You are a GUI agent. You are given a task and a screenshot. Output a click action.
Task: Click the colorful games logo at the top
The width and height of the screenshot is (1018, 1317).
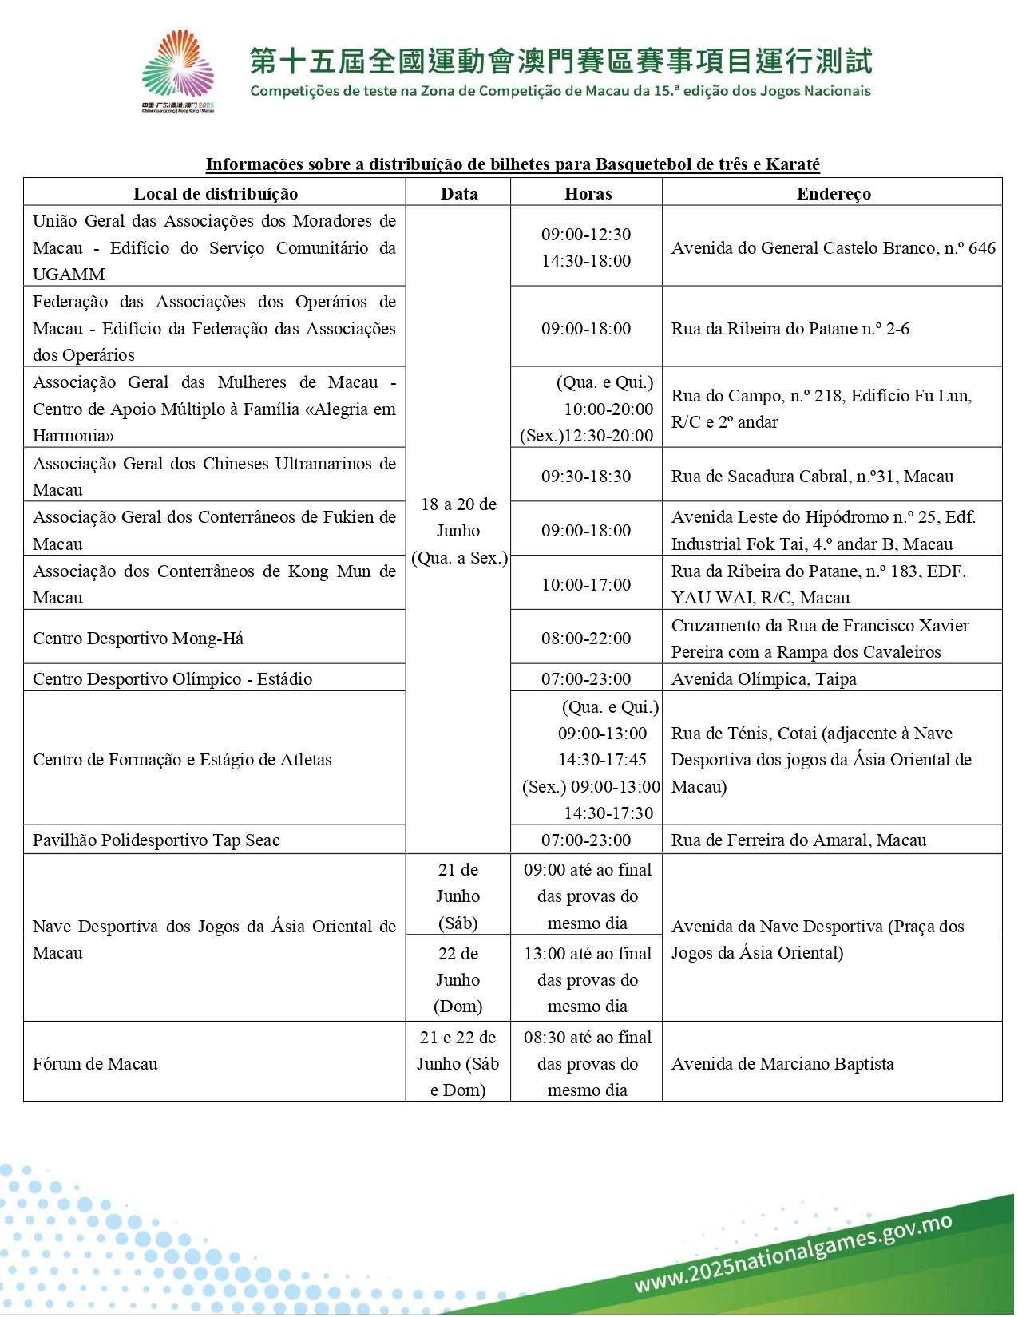click(178, 70)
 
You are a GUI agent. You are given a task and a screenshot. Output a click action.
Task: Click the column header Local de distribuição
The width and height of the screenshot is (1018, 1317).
click(215, 193)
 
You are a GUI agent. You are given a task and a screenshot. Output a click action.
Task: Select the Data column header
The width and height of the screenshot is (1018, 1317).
click(459, 193)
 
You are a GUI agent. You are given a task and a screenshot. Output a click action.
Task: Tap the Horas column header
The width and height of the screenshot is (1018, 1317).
click(588, 193)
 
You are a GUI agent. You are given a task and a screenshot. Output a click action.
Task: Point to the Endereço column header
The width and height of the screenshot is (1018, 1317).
click(833, 193)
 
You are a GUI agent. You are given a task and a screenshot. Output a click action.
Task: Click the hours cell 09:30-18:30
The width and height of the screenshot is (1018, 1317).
click(586, 477)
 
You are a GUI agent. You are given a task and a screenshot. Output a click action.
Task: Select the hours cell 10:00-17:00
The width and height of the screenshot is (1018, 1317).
click(586, 584)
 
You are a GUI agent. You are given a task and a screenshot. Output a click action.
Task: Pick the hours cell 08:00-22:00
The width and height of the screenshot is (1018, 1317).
click(586, 638)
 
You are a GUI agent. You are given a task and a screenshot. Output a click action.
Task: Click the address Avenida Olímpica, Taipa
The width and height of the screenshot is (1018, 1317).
click(763, 679)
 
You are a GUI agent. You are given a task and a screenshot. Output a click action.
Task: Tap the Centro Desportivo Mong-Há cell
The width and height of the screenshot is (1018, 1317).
click(138, 639)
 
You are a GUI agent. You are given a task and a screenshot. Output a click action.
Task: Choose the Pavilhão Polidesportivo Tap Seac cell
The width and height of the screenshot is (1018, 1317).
click(156, 840)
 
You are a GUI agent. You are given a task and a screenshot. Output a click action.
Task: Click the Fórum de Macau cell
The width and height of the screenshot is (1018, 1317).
click(95, 1064)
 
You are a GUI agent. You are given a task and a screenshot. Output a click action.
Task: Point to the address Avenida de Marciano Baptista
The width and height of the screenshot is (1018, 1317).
click(782, 1064)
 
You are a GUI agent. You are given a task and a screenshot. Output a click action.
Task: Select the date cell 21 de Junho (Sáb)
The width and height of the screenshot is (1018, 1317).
click(458, 896)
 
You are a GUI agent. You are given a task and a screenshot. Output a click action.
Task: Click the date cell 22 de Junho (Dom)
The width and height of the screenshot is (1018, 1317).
click(458, 979)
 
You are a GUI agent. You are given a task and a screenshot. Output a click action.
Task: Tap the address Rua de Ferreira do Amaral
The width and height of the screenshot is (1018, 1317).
click(798, 840)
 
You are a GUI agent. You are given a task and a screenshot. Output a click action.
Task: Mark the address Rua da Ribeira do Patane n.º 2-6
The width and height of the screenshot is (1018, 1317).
click(790, 329)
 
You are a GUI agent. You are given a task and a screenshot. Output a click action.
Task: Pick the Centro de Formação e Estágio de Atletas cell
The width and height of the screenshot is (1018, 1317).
click(182, 760)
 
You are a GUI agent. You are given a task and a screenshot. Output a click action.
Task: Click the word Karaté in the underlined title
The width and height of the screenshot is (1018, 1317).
click(793, 164)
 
